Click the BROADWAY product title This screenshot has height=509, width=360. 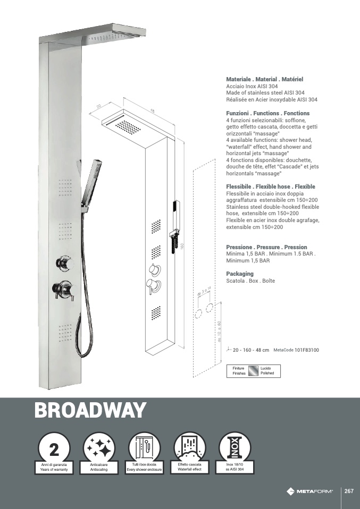[90, 410]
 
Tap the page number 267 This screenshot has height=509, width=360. [349, 491]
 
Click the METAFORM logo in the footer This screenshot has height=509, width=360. [309, 491]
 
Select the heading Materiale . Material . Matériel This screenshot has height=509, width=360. [264, 79]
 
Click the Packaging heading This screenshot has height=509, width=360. [240, 274]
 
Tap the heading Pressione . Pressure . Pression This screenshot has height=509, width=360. [266, 247]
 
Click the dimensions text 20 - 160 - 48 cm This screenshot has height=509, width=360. [251, 351]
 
